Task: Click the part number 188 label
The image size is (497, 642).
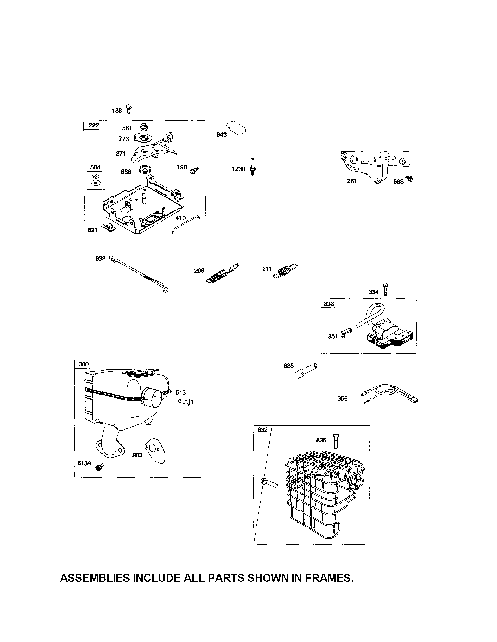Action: [117, 111]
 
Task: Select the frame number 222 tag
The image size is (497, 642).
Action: [94, 125]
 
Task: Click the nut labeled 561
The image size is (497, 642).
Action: [143, 127]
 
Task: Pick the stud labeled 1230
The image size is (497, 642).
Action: [252, 166]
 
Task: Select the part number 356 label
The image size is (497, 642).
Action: [342, 399]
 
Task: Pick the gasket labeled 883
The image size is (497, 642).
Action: [156, 451]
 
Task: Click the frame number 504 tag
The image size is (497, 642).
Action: [95, 167]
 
